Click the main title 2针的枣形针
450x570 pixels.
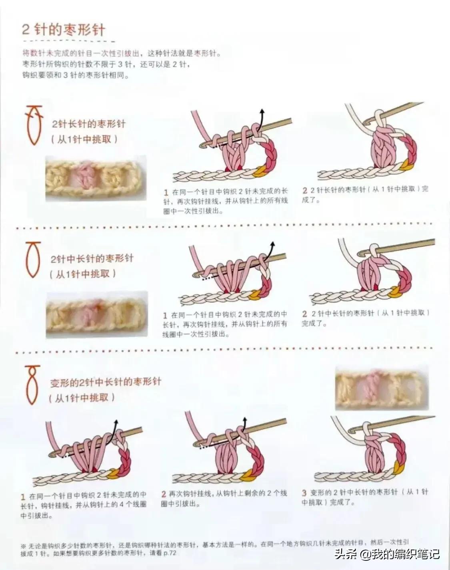pyautogui.click(x=64, y=30)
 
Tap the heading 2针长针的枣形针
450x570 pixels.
pyautogui.click(x=88, y=124)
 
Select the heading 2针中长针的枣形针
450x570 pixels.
pyautogui.click(x=92, y=258)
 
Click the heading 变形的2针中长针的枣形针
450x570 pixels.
pyautogui.click(x=106, y=382)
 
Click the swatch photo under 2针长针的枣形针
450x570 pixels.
pyautogui.click(x=96, y=178)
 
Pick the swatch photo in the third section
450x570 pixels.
pyautogui.click(x=382, y=388)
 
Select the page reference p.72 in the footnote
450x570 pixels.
pyautogui.click(x=169, y=553)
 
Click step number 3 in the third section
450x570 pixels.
pyautogui.click(x=304, y=493)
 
